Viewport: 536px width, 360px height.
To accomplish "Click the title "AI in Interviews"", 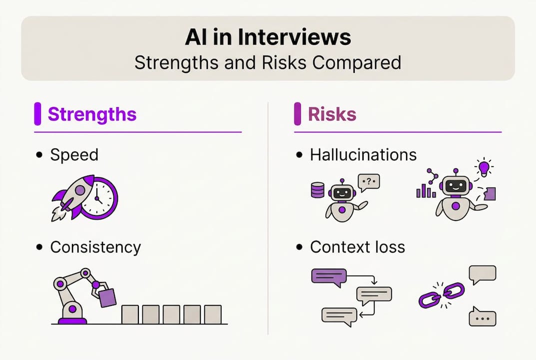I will [268, 38].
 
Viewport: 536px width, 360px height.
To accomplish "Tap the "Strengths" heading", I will [92, 114].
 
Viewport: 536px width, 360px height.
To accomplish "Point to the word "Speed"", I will [74, 154].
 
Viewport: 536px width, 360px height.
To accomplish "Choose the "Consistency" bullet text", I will [95, 247].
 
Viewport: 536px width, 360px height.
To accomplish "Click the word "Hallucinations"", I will [363, 154].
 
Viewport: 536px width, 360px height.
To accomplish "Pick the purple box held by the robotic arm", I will [107, 298].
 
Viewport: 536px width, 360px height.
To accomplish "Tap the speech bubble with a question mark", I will [369, 182].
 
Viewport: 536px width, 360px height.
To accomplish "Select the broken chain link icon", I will [442, 295].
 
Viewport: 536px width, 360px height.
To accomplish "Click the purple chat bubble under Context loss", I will [328, 276].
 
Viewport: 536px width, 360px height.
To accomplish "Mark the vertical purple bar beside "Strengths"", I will [37, 114].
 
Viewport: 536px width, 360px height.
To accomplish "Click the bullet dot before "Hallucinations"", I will [299, 155].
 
